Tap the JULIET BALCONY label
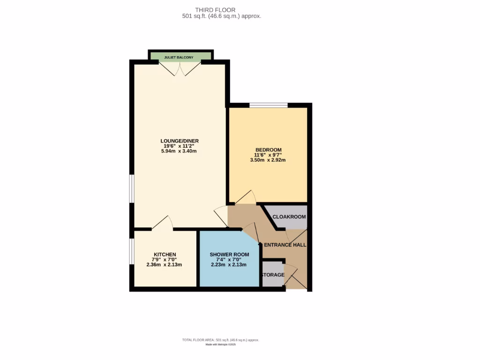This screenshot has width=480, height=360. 179,57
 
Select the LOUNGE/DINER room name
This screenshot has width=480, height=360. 180,141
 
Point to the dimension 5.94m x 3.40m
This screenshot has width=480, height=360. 180,151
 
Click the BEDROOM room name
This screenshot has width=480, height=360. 268,150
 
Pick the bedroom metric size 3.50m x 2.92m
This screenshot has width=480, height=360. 268,160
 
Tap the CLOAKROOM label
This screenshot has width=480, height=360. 289,217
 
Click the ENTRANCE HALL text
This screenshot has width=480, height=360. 285,245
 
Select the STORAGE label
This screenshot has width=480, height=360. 273,275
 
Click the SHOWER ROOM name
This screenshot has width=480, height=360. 229,255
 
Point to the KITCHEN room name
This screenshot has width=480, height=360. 164,255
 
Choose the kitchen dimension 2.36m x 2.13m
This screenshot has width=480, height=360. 164,265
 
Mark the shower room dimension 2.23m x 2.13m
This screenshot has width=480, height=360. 229,265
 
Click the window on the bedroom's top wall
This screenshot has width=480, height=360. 268,105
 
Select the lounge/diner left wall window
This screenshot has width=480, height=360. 132,189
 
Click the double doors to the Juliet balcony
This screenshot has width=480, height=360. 180,69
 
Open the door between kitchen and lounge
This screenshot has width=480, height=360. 162,223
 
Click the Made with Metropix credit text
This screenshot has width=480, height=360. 220,345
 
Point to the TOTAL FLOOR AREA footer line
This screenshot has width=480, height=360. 220,340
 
